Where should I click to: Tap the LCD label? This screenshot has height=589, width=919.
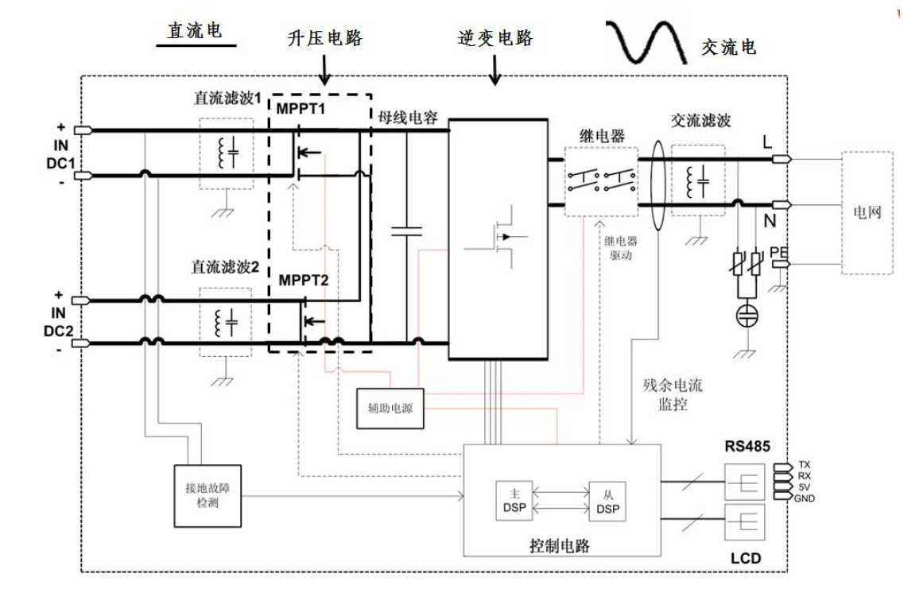[746, 560]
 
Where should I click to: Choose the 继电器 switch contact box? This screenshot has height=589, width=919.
[603, 181]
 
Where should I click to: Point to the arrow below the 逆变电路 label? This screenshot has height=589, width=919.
[494, 73]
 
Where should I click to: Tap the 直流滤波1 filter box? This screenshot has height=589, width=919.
[226, 154]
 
